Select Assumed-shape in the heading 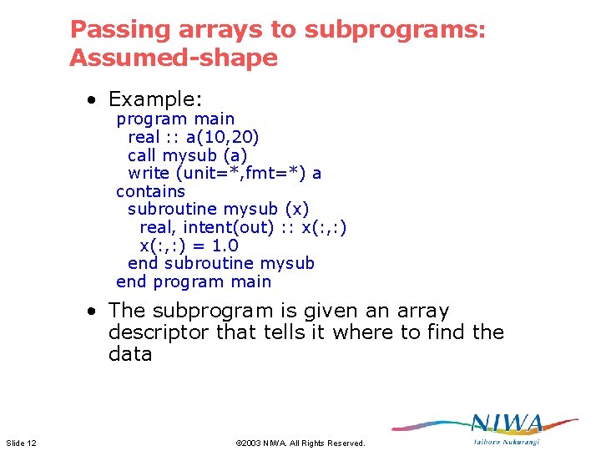(x=173, y=58)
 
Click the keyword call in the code (x=143, y=155)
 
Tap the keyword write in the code (x=149, y=174)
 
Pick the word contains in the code (x=150, y=191)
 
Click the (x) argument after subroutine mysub (x=296, y=210)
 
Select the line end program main (x=194, y=282)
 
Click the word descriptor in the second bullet (x=159, y=332)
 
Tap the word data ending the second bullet (x=130, y=354)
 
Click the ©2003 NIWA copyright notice (x=300, y=443)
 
